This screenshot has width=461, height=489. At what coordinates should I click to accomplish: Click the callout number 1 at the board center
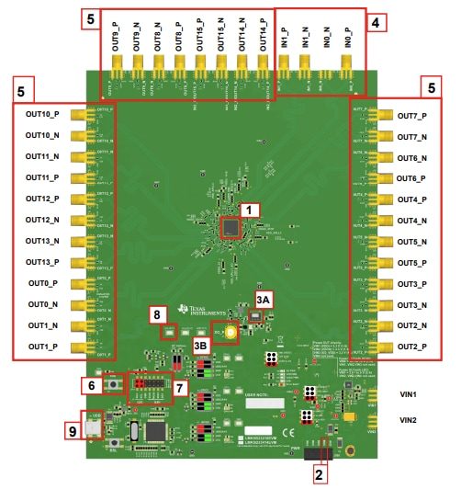point(245,210)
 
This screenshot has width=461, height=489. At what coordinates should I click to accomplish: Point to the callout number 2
point(319,474)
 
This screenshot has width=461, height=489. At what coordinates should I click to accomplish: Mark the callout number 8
point(160,314)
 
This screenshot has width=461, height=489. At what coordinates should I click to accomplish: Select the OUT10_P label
point(42,115)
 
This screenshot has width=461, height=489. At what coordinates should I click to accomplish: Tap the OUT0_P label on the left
point(42,283)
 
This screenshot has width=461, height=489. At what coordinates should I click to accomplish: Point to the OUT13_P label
point(42,262)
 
